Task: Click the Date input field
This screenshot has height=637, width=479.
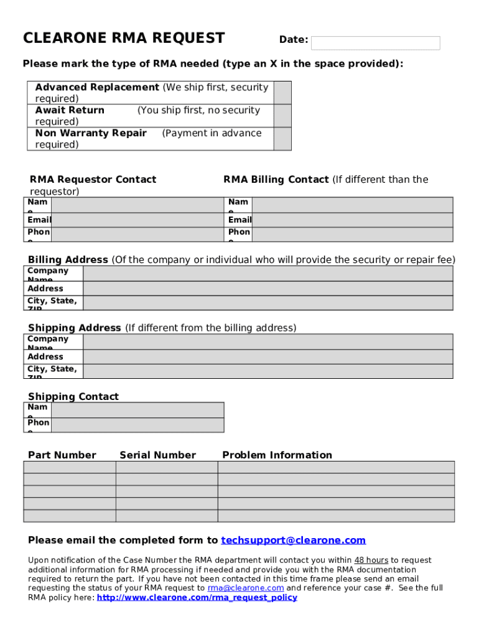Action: [x=375, y=43]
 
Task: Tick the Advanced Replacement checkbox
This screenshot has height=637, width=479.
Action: [x=282, y=93]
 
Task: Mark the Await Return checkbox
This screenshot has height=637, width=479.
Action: [x=282, y=116]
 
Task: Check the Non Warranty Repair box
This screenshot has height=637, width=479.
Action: [x=282, y=139]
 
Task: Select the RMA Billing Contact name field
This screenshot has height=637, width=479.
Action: [x=353, y=205]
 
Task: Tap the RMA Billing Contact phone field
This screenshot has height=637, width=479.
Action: [x=353, y=235]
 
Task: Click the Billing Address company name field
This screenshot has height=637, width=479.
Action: [x=267, y=274]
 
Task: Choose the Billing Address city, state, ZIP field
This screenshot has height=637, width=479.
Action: [x=267, y=303]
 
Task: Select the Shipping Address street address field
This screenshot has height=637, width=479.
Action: [x=267, y=356]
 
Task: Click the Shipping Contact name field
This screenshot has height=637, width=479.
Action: [x=137, y=410]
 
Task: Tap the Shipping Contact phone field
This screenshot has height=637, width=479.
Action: [x=137, y=425]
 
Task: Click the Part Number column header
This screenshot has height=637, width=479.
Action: [x=62, y=455]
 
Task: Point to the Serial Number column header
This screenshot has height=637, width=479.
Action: [x=157, y=455]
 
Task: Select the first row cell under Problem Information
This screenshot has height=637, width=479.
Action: [x=336, y=467]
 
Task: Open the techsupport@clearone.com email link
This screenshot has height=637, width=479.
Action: [x=293, y=540]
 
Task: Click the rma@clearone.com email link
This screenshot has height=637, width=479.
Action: [x=246, y=588]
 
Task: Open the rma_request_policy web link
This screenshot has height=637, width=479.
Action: [x=197, y=598]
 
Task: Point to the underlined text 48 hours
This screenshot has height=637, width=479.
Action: [x=371, y=560]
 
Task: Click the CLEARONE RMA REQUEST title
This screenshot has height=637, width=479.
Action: [x=124, y=39]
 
